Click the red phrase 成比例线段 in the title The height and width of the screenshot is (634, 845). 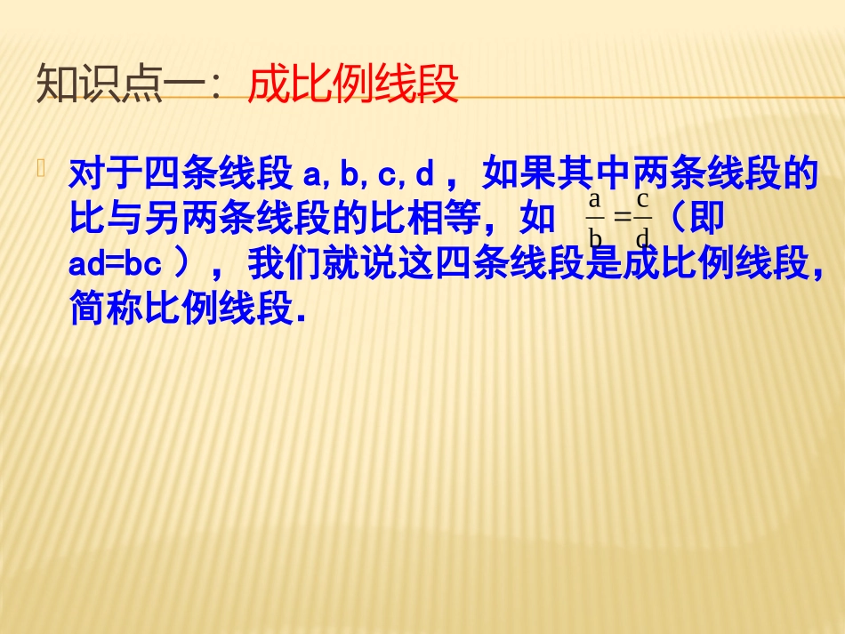352,86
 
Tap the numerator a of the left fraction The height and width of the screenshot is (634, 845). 595,199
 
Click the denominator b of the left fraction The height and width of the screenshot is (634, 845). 595,237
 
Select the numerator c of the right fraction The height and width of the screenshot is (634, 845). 642,199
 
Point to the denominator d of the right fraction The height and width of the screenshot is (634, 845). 642,237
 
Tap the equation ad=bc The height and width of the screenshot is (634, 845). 119,264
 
